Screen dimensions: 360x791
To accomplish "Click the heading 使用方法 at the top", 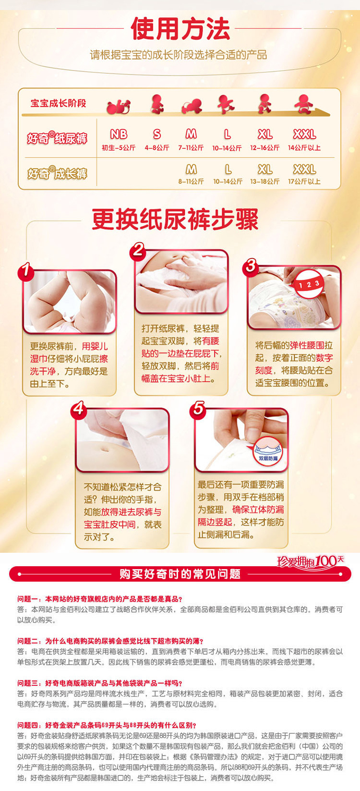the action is [x=180, y=29].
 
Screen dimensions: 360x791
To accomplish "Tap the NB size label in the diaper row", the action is [x=119, y=134].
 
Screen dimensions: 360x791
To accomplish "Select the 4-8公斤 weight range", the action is [x=156, y=147].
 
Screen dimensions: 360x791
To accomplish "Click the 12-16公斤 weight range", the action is [x=264, y=147].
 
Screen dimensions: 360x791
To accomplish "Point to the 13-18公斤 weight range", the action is [x=264, y=182].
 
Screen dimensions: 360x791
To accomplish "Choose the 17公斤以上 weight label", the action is [x=304, y=182].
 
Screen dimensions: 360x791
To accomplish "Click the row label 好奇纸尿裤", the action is [x=57, y=138].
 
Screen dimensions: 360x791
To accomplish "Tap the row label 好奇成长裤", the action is [x=57, y=173].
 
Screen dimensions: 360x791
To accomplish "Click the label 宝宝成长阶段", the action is [x=58, y=103].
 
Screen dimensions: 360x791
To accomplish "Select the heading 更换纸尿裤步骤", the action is [x=175, y=219].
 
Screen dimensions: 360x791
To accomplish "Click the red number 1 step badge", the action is [x=26, y=271].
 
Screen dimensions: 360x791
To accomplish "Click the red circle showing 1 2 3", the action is [x=309, y=284].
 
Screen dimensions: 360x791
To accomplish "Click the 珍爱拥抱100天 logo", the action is [x=310, y=561].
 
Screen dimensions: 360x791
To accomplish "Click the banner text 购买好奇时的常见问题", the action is [x=180, y=574].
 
